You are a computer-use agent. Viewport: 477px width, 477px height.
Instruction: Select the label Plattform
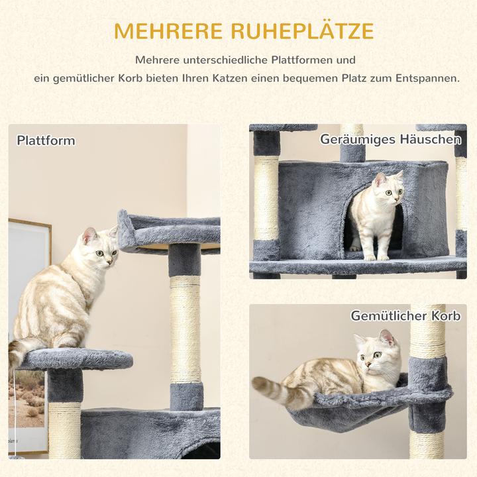46,140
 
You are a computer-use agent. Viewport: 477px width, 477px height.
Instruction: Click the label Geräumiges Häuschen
391,140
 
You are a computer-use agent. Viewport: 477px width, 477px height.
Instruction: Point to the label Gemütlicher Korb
405,316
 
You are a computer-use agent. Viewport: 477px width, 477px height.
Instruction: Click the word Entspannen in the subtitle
427,78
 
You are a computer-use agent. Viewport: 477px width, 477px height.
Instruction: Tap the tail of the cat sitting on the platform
23,351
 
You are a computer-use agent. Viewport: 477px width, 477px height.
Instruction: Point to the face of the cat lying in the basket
376,356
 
